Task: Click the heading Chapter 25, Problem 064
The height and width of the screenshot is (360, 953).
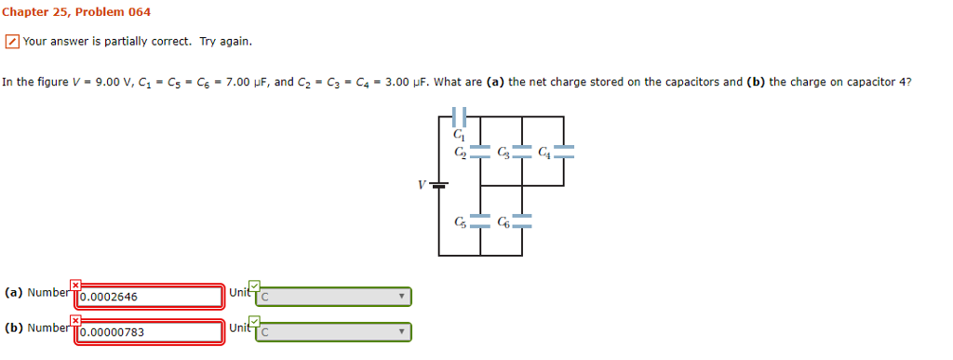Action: click(75, 12)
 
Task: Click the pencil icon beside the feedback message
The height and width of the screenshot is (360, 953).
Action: click(11, 42)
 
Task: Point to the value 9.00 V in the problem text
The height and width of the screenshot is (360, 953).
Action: click(97, 83)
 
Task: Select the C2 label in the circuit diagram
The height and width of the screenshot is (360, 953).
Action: click(460, 151)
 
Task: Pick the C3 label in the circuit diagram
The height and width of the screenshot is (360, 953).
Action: click(503, 151)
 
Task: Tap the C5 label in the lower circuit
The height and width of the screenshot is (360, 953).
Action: click(460, 221)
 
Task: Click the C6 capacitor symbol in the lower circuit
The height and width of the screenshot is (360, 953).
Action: click(522, 221)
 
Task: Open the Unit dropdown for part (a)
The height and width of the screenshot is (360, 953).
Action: click(333, 297)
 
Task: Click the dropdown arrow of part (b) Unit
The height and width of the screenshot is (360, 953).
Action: click(402, 331)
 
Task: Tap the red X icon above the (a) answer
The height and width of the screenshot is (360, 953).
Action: click(75, 285)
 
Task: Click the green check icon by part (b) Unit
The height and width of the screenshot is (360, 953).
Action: click(255, 320)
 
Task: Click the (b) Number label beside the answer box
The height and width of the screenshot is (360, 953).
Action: click(37, 327)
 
